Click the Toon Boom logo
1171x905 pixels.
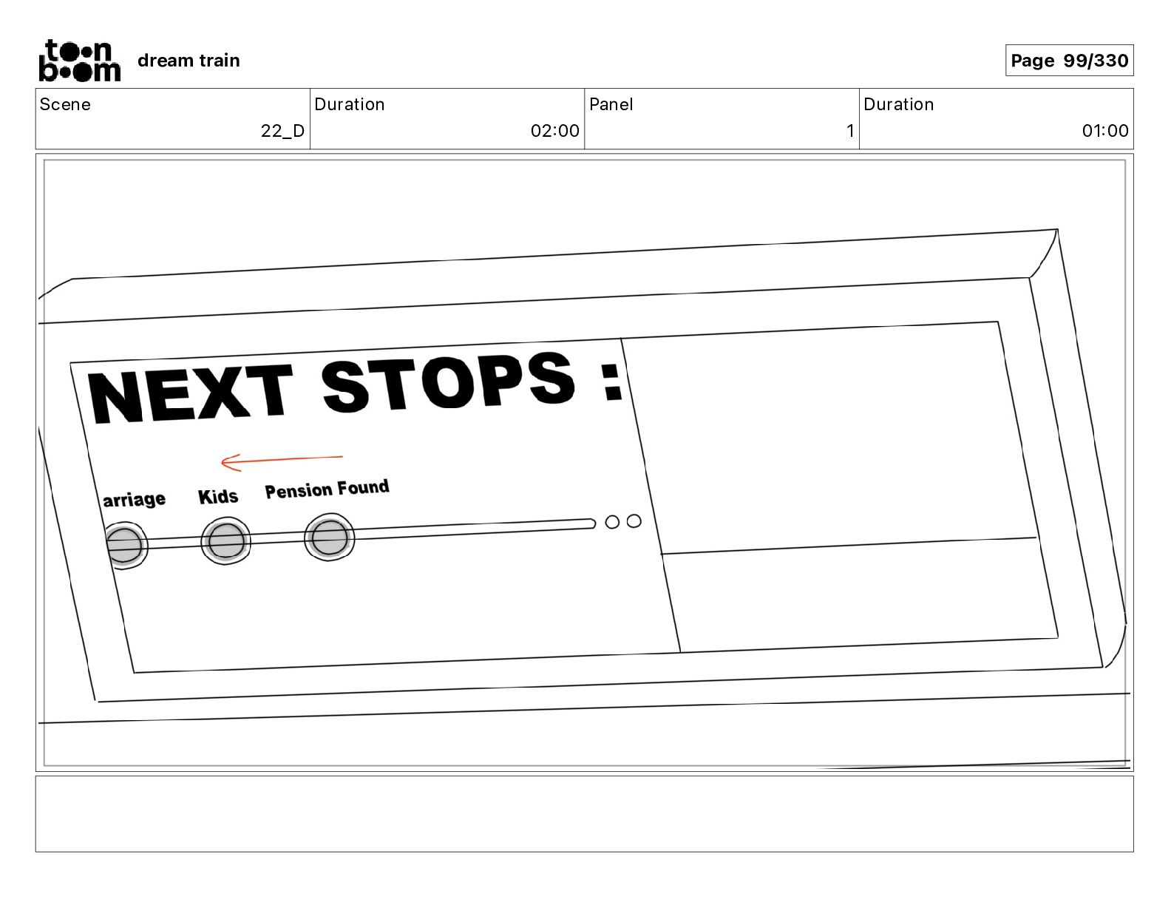79,61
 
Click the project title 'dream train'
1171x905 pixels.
189,61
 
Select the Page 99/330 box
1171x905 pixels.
1069,61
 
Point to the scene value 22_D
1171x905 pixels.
282,131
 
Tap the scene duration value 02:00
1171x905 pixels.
554,131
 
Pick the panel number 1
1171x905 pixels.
850,131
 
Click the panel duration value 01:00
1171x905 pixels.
1105,131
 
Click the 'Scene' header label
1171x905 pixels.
65,104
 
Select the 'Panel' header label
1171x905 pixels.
611,104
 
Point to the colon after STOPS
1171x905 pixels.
612,382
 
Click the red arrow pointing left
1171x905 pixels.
281,461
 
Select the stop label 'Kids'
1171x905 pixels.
218,497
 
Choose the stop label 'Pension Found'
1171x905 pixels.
327,489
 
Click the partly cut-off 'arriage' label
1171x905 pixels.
135,500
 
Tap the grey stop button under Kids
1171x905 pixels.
225,541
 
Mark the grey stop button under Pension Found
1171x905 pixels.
329,538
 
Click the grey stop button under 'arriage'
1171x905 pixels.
124,545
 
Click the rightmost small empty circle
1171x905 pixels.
634,521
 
